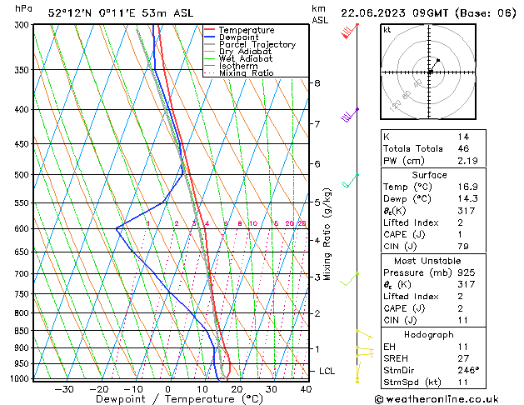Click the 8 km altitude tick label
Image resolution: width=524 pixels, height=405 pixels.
coord(317,83)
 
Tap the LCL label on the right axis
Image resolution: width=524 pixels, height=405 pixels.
coord(327,370)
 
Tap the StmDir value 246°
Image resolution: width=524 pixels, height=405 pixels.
coord(467,370)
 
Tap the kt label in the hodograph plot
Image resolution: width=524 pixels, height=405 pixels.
coord(387,30)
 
